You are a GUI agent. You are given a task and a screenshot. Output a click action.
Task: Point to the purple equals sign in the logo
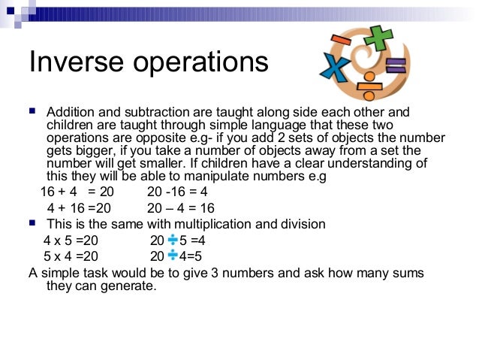coord(395,66)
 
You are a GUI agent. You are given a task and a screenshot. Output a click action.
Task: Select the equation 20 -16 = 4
coord(177,192)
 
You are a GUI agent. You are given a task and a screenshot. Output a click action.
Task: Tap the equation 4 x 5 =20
coord(71,241)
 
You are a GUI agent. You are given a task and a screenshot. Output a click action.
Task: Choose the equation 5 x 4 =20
coord(71,256)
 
